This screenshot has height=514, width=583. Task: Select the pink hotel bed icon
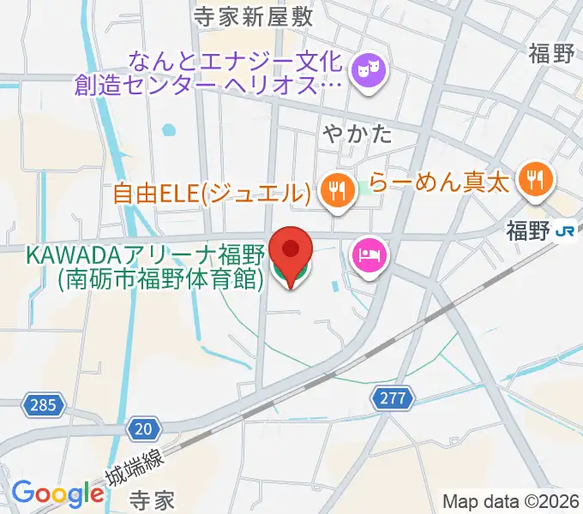(370, 255)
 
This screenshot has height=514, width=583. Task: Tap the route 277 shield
(393, 398)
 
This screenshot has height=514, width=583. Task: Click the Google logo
(57, 493)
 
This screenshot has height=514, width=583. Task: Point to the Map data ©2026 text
(511, 501)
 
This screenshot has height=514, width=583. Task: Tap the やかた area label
(358, 133)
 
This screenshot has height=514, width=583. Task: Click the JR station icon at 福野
(564, 230)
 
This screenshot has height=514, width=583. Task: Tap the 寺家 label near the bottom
(152, 498)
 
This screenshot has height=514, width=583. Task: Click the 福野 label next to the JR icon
(527, 230)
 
